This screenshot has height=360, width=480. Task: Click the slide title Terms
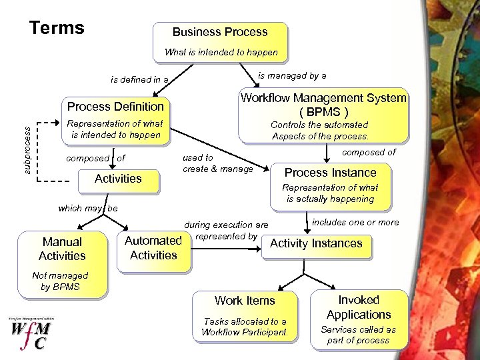(x=57, y=28)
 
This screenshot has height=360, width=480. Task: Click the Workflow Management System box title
(x=323, y=105)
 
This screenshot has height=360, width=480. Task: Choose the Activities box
(x=118, y=179)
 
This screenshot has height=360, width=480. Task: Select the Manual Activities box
(x=62, y=249)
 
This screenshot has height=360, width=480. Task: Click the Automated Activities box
(x=153, y=248)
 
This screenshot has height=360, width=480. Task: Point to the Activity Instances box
(x=316, y=244)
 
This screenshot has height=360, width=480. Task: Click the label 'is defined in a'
(x=140, y=80)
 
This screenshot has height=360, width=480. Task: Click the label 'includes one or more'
(x=355, y=223)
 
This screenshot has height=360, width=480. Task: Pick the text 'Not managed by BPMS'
(x=60, y=281)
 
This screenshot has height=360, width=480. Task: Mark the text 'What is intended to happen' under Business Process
(x=221, y=52)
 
